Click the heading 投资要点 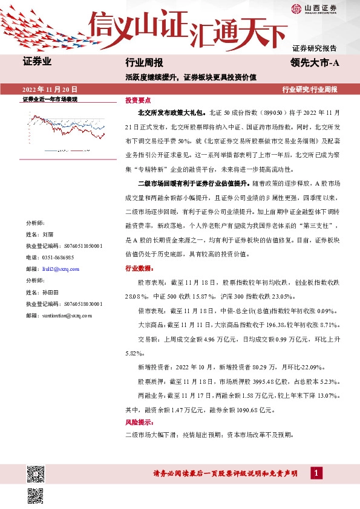coord(138,100)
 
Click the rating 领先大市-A coord(315,62)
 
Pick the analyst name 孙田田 coord(50,292)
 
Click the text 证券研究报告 coord(315,48)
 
